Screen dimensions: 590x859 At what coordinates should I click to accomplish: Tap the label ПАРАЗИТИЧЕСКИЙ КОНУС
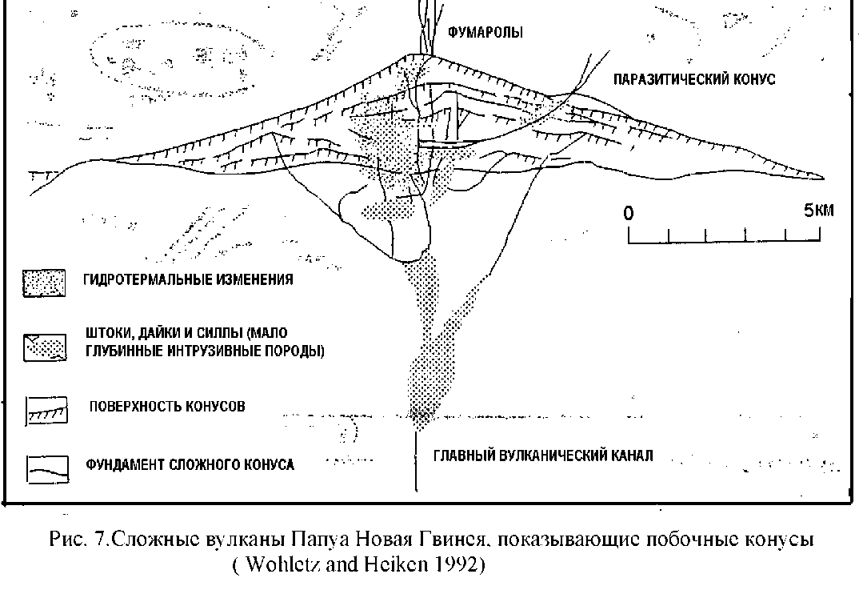[693, 79]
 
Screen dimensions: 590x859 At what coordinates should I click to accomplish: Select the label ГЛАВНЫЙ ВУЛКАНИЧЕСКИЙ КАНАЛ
[543, 456]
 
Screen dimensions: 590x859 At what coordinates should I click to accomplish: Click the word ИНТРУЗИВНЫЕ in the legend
[187, 351]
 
